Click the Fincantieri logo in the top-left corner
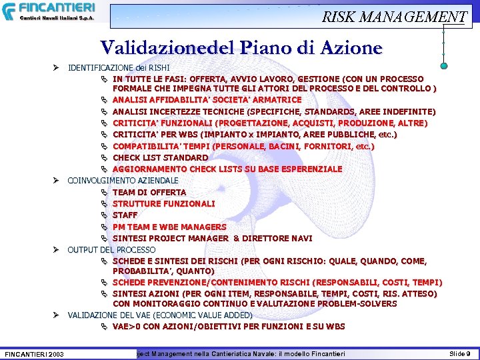pos(48,11)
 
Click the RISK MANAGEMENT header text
pos(394,17)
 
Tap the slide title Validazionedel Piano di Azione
pos(241,48)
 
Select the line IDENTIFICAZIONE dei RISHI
pos(119,68)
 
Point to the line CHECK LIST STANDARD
pos(160,157)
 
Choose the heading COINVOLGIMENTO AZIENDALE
pos(123,181)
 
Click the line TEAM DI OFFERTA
pos(149,193)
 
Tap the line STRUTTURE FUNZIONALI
pos(163,204)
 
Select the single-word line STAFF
pos(125,215)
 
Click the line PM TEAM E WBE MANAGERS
pos(169,227)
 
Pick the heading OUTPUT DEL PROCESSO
pos(111,249)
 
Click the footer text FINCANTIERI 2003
pos(34,353)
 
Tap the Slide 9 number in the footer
pos(459,353)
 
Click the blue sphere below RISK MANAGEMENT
pos(443,65)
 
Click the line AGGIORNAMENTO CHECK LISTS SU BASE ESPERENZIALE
pos(227,169)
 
